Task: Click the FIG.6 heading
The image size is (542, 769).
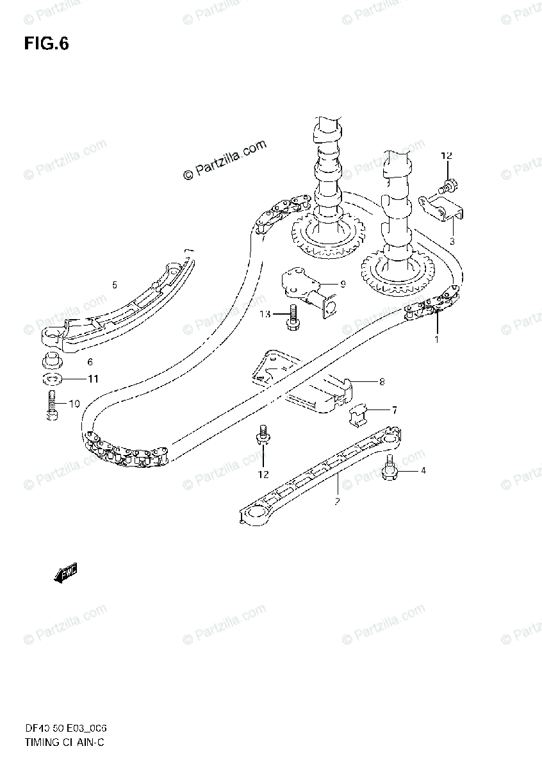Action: (46, 44)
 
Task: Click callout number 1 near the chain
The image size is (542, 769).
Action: (436, 339)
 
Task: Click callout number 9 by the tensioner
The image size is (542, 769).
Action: (342, 284)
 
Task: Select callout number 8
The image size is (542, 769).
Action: (381, 383)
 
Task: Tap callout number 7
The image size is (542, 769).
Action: (395, 409)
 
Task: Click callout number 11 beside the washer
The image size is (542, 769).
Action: (93, 379)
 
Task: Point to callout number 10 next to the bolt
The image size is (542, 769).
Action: (74, 404)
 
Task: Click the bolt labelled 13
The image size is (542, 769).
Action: (293, 317)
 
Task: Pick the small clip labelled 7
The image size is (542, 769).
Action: (359, 414)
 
